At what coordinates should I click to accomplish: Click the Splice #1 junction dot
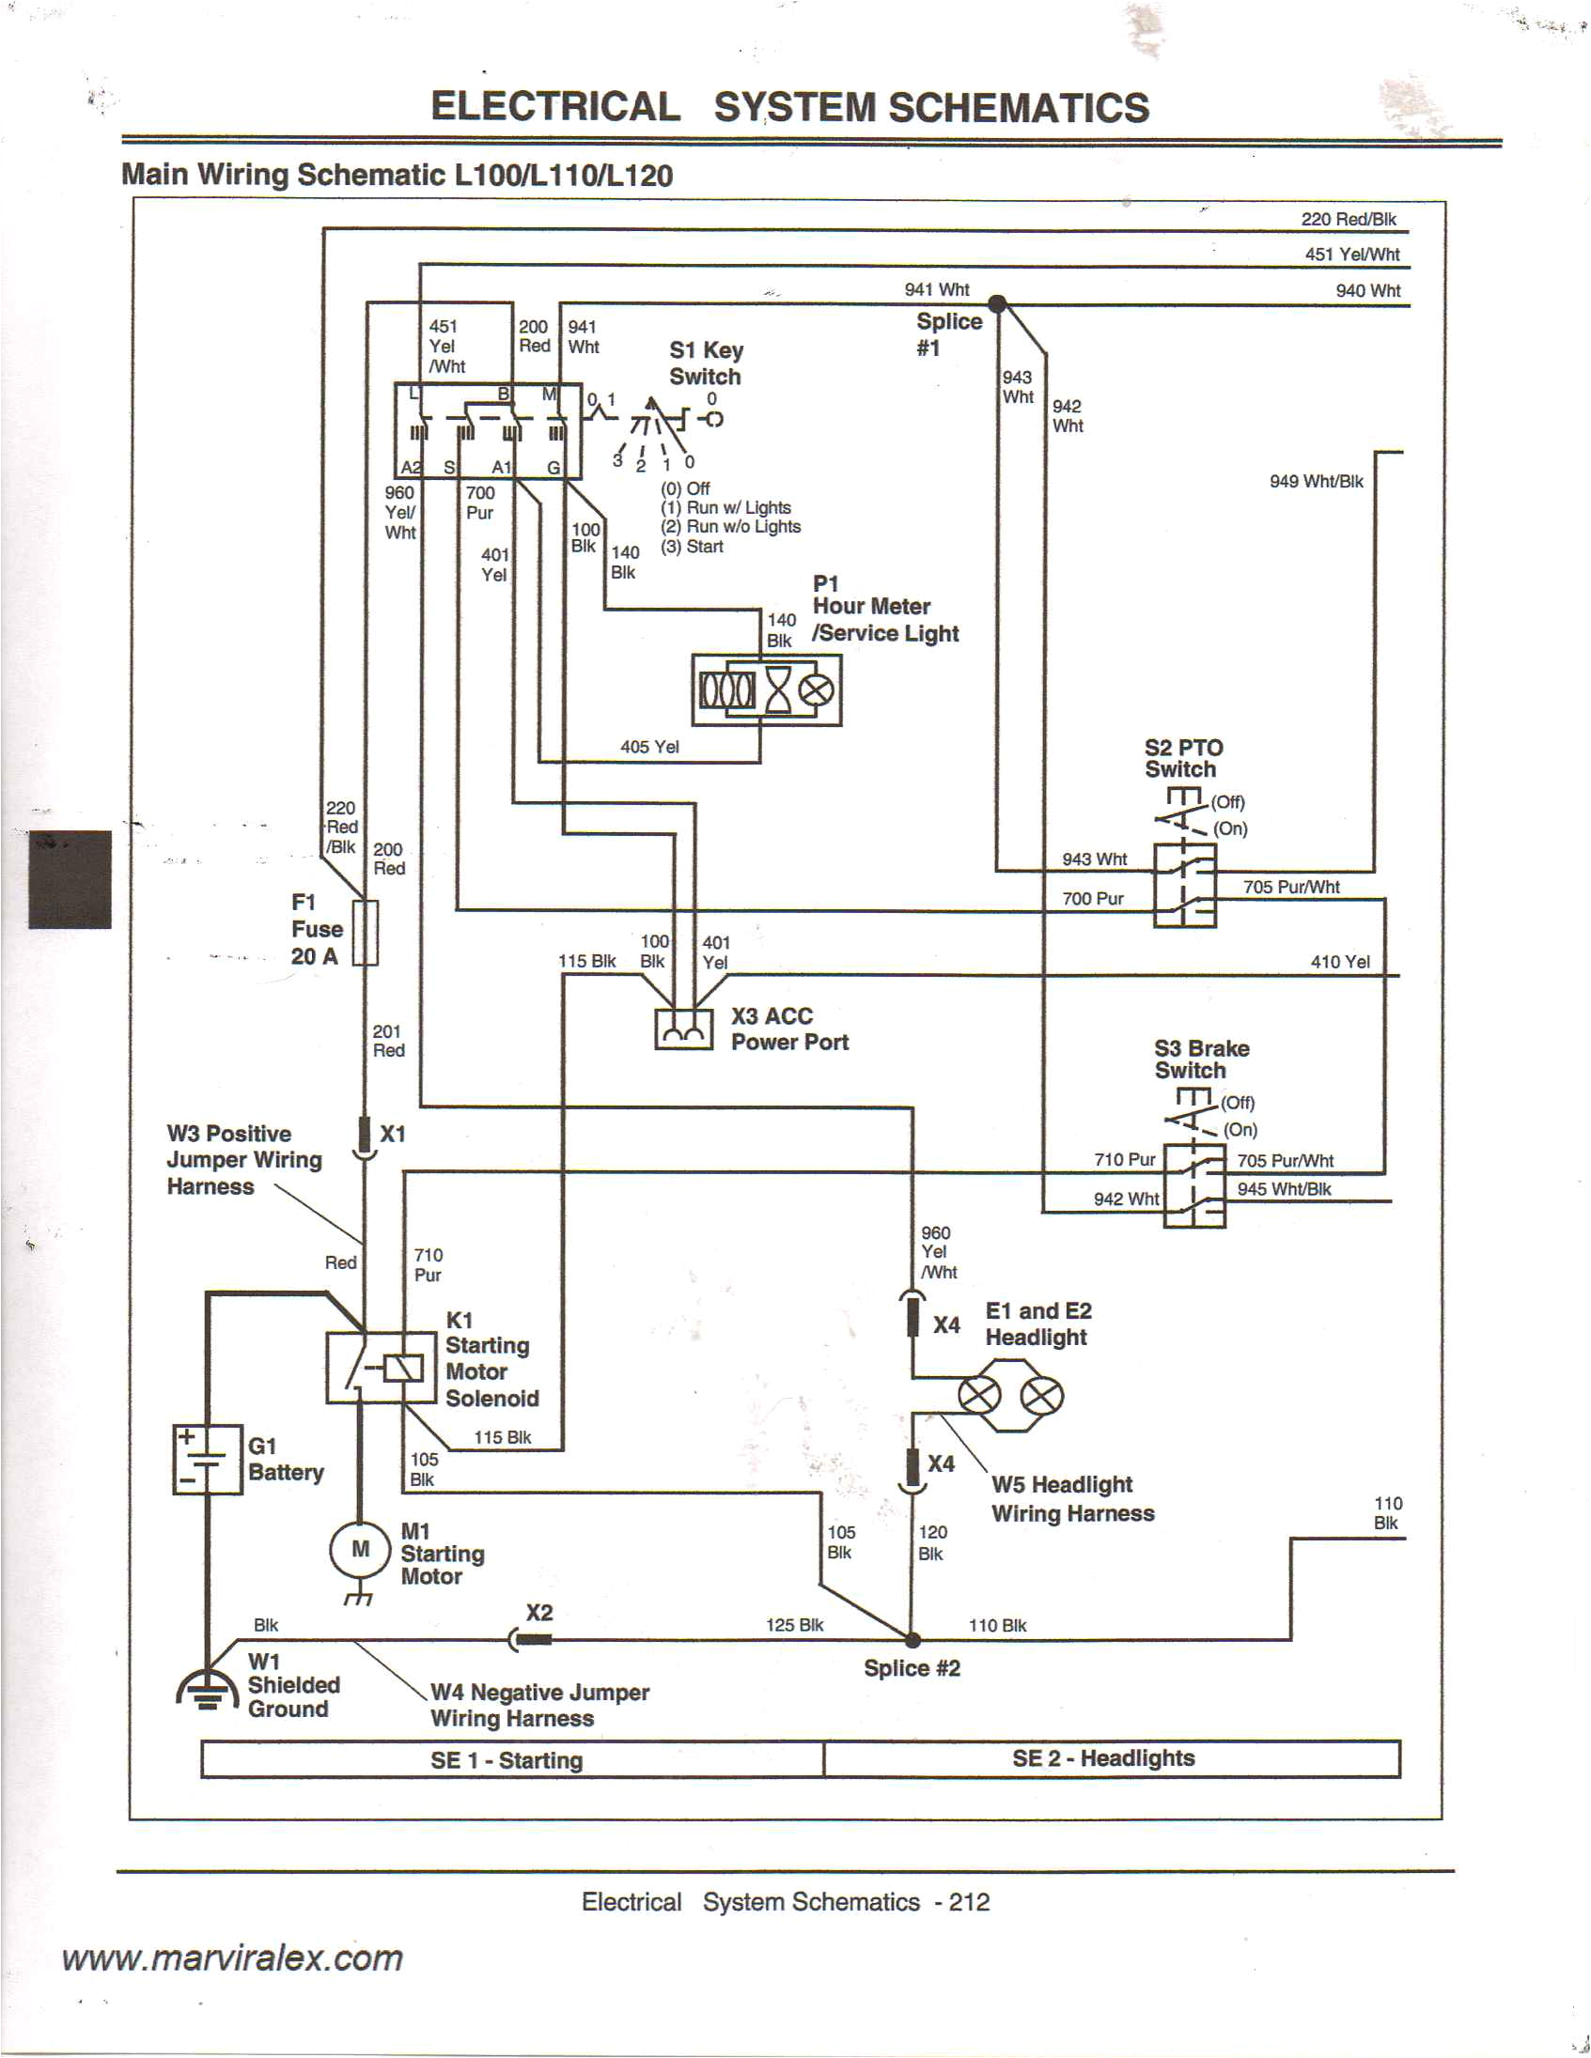996,303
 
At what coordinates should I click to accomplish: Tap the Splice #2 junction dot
912,1640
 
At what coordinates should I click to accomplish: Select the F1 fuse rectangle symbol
365,933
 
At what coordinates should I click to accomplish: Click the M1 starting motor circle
360,1548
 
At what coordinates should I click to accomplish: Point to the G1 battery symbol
208,1460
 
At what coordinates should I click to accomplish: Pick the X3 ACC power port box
683,1029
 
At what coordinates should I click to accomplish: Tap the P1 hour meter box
766,690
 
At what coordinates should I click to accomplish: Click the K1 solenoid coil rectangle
404,1368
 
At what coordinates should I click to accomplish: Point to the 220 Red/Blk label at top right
1348,220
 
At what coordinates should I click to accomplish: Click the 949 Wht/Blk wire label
1316,482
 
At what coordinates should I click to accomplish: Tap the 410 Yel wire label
1339,962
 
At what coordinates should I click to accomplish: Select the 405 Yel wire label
648,748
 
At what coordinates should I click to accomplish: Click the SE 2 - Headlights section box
1111,1758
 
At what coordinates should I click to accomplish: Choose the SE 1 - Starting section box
512,1759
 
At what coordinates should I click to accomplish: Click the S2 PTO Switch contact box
1185,885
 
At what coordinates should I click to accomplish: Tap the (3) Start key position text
692,547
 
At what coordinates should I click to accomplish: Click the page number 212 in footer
969,1901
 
